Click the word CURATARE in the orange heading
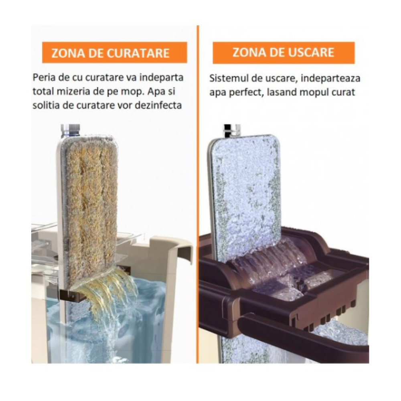pyautogui.click(x=138, y=53)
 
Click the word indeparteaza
pyautogui.click(x=330, y=79)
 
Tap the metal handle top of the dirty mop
pyautogui.click(x=70, y=131)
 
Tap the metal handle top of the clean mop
pyautogui.click(x=232, y=130)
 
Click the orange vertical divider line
pyautogui.click(x=198, y=194)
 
